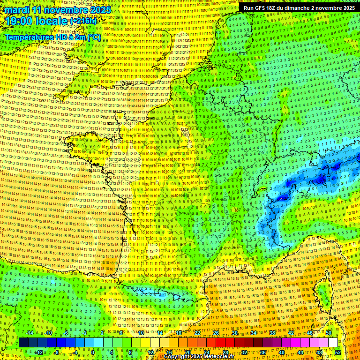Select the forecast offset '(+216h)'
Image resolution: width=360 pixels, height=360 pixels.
[x=83, y=22]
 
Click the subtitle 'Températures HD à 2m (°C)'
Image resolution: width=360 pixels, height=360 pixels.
[x=53, y=37]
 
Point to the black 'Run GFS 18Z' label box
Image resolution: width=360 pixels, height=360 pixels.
[x=299, y=8]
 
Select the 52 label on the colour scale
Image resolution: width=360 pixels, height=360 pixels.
[x=338, y=352]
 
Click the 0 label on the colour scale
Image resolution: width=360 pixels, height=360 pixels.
[x=93, y=352]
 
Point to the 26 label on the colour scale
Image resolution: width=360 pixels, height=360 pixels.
[x=216, y=333]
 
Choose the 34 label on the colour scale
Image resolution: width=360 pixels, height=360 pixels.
[x=254, y=333]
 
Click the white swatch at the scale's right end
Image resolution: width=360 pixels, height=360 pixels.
[x=333, y=343]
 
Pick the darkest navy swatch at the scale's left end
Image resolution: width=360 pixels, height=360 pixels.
[x=24, y=343]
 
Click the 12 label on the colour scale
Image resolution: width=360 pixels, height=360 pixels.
[x=150, y=352]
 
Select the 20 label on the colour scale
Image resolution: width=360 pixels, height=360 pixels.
[x=188, y=352]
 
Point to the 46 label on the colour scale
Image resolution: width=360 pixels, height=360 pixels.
[x=310, y=333]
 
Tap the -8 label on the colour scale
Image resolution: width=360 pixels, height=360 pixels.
[x=57, y=352]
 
